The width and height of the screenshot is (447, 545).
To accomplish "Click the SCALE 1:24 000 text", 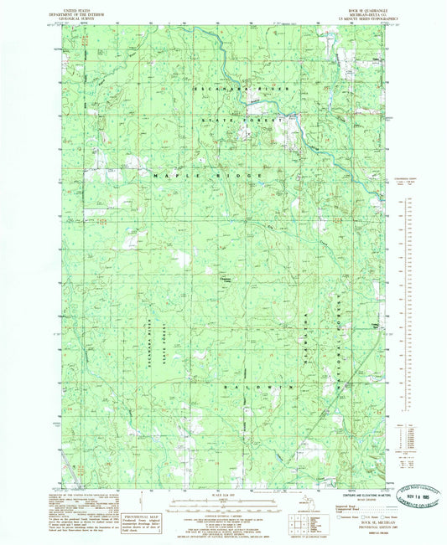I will point(223,493).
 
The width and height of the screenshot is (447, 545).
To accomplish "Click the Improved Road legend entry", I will point(340,504).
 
